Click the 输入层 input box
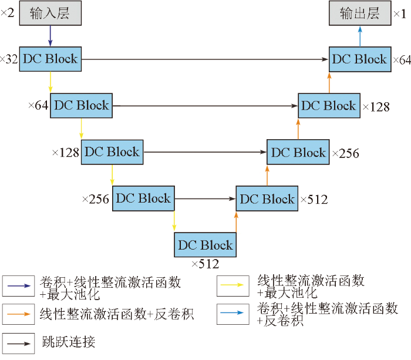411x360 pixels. [49, 14]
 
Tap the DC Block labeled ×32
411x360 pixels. [49, 59]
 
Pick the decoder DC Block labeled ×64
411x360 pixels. [359, 59]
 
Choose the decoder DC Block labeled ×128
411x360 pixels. [328, 106]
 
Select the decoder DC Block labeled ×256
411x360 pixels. [298, 152]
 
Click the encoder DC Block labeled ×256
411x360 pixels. [143, 198]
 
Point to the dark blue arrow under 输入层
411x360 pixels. [49, 36]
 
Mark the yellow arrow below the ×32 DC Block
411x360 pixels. [50, 82]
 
